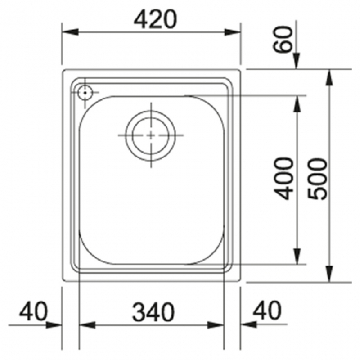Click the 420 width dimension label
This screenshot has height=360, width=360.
pos(155,19)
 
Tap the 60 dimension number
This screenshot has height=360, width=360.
pos(283,40)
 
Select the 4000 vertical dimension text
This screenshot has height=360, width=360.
pos(284,178)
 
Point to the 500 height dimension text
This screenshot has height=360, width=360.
pos(317,179)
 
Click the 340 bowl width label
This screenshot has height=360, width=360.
pos(153,312)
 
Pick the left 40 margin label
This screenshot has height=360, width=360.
pos(33,311)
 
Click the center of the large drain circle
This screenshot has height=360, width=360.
pos(151,135)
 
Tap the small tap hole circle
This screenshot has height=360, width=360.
pos(85,93)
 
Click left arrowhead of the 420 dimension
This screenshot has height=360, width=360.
pos(70,32)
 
